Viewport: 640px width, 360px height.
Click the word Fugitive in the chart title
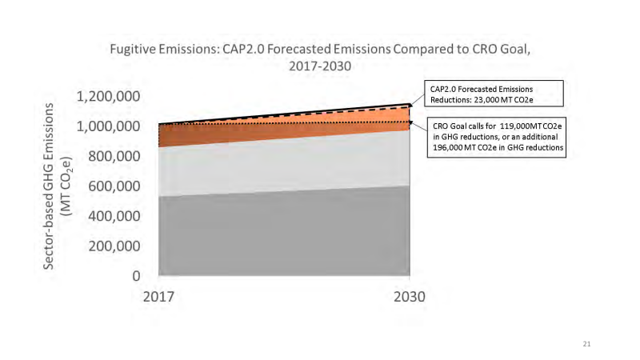[x=133, y=50]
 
